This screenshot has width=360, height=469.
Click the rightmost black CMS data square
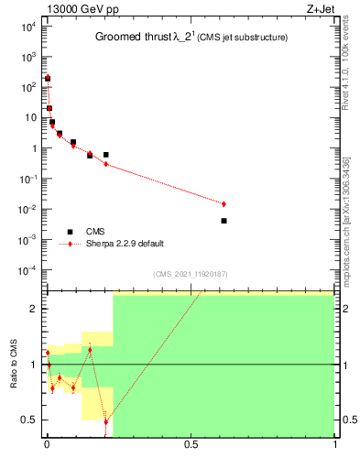224,221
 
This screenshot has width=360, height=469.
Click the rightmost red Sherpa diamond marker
224,203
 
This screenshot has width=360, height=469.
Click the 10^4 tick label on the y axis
27,27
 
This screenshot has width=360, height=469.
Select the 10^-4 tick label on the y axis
27,270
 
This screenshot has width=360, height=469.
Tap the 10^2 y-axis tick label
27,87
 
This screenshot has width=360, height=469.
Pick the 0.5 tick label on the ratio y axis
29,420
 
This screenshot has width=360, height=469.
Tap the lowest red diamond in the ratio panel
106,421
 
